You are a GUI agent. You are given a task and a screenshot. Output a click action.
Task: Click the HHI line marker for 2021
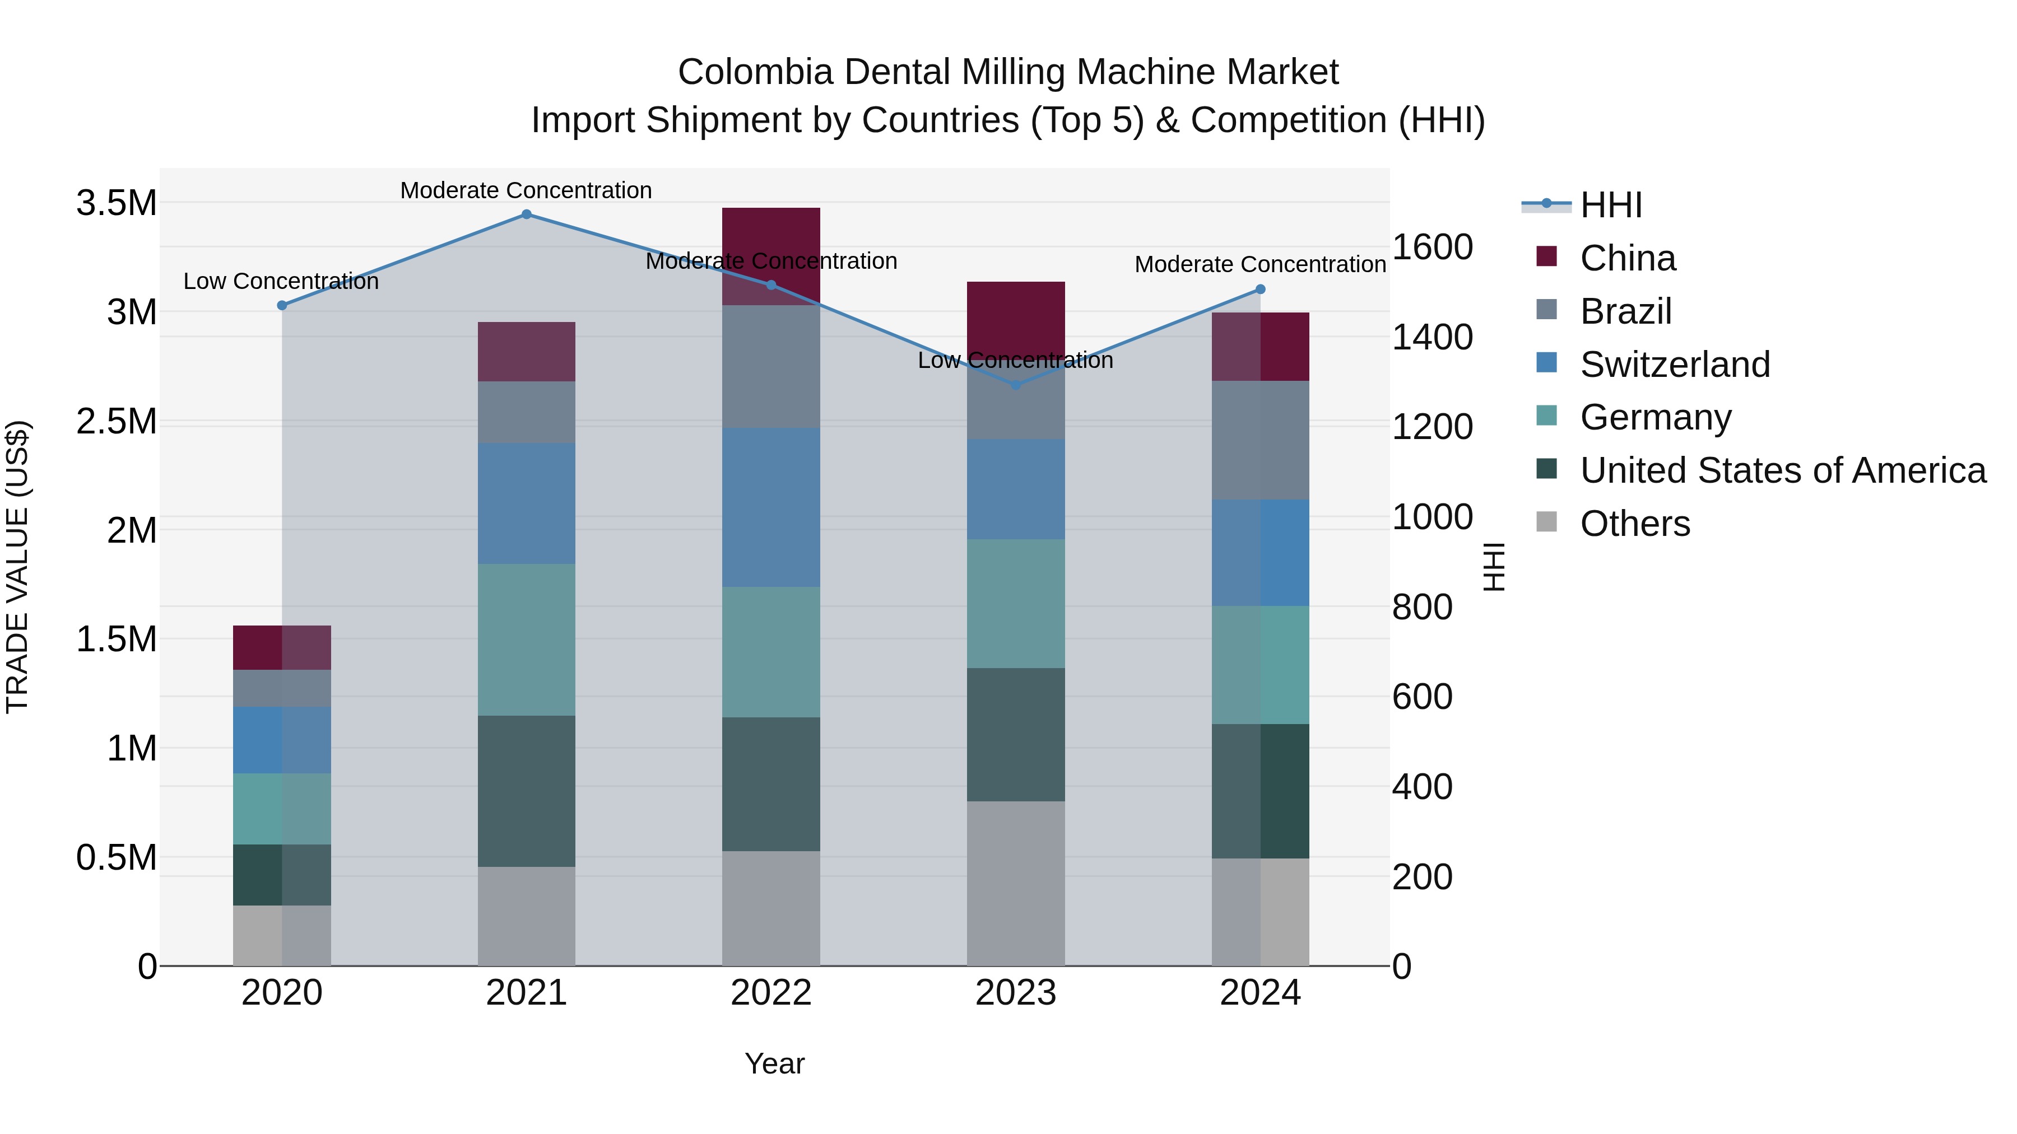[526, 214]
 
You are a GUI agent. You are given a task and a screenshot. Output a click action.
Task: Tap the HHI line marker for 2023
[1016, 385]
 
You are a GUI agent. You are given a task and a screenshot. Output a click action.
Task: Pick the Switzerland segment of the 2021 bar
[526, 503]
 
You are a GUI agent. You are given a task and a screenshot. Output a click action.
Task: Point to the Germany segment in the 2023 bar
[1016, 603]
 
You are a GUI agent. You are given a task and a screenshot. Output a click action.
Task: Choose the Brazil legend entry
[1625, 311]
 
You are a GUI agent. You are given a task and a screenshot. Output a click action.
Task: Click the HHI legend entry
[1611, 205]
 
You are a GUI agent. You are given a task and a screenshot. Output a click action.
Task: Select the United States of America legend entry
[1783, 470]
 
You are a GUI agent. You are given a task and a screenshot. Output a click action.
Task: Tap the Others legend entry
[1635, 524]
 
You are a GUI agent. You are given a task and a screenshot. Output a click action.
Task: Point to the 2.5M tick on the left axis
[116, 422]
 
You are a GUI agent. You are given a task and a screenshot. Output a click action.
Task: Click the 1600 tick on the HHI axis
[1432, 248]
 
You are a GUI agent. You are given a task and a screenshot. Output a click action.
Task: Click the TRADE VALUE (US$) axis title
[17, 567]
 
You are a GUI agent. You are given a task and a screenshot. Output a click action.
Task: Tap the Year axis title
[774, 1063]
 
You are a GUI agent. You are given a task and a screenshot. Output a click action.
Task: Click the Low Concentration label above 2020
[281, 281]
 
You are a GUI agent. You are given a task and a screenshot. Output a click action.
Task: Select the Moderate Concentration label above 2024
[1260, 264]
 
